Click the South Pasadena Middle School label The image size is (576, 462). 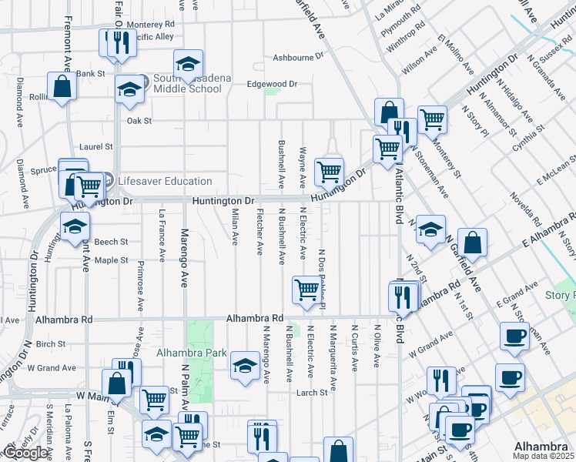[x=187, y=83]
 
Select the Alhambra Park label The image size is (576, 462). [x=191, y=353]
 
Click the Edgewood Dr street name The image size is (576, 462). [x=272, y=84]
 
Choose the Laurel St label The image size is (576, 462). [x=96, y=146]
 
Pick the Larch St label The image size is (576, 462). [x=313, y=393]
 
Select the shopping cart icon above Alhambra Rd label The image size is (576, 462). [x=306, y=290]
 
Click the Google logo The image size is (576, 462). [x=26, y=454]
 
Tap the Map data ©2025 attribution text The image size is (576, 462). [x=543, y=456]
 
